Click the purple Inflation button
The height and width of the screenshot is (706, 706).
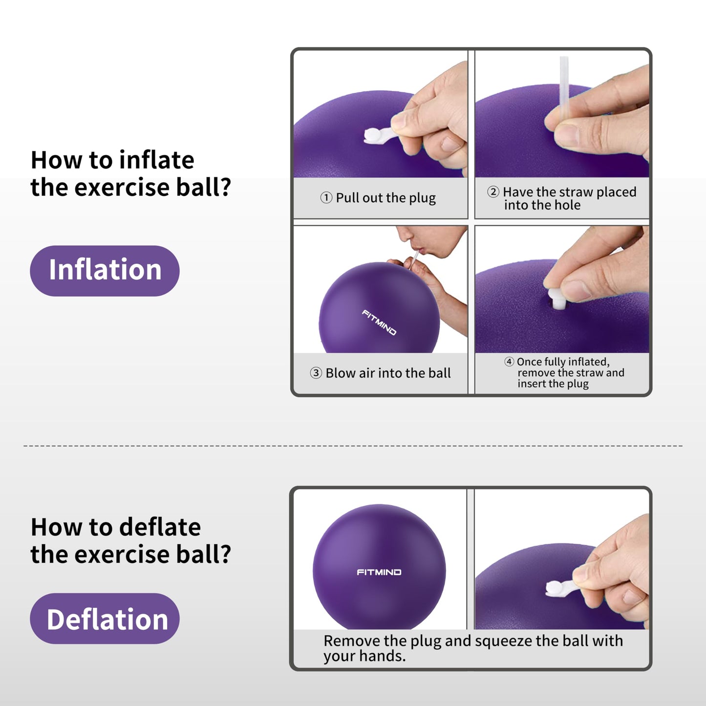(x=105, y=271)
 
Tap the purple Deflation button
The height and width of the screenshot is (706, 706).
(x=105, y=619)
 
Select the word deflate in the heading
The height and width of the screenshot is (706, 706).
(x=160, y=527)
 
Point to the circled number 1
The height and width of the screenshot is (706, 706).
(x=326, y=197)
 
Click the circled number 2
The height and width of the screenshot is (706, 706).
(x=493, y=192)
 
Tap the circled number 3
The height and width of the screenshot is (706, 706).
(x=316, y=373)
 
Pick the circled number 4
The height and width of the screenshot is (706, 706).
(x=509, y=362)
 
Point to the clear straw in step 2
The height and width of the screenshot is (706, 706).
(x=564, y=83)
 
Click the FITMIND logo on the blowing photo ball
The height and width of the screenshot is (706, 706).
(x=379, y=322)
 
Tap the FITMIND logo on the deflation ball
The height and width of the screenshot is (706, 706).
(x=379, y=572)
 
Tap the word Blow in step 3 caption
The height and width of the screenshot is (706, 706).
(x=341, y=373)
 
